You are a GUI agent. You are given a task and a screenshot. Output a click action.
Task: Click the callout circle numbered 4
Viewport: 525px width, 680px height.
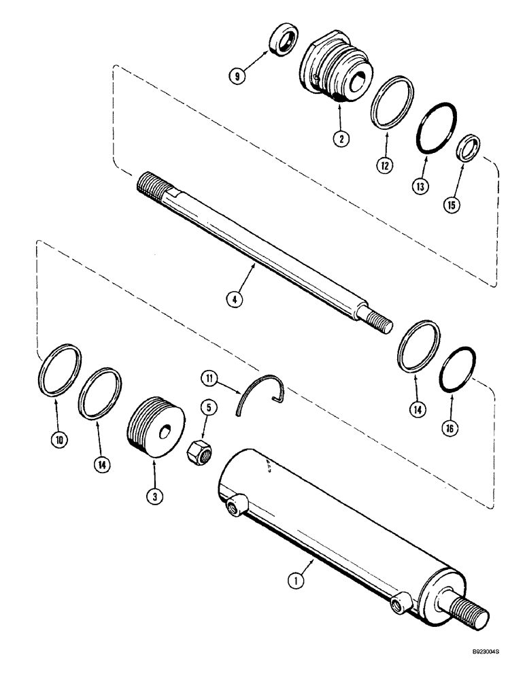pyautogui.click(x=235, y=300)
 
